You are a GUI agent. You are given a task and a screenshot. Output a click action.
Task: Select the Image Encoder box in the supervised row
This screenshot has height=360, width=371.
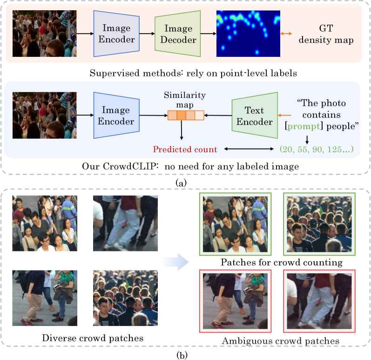[116, 33]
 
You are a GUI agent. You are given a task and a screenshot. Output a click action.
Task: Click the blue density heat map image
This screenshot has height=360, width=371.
[248, 33]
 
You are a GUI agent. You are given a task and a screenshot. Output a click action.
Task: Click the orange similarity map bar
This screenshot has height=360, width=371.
[186, 115]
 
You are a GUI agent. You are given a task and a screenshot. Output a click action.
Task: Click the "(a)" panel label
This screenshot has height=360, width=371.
[181, 183]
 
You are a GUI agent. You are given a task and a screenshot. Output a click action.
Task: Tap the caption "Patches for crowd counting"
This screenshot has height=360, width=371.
[282, 262]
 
